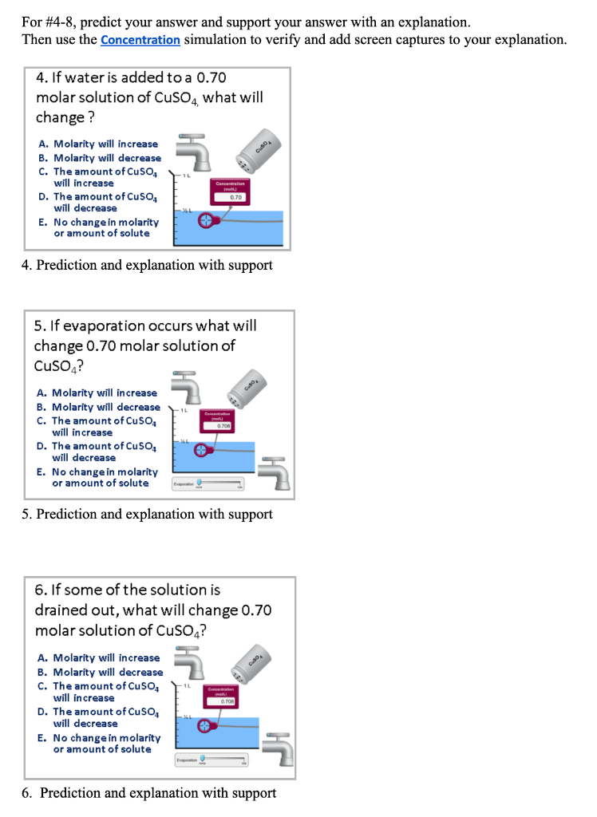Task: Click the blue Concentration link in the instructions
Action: pos(140,39)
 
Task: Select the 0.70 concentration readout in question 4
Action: pos(235,196)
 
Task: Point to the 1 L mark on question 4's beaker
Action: pos(185,176)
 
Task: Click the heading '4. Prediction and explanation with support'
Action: pos(147,265)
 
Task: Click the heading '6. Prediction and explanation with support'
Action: pos(148,793)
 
